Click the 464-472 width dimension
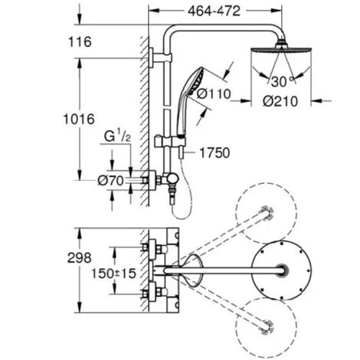click(x=214, y=11)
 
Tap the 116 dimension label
click(x=80, y=42)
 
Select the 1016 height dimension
click(x=79, y=119)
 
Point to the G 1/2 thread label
click(x=117, y=137)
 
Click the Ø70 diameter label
click(x=110, y=181)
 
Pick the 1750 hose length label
click(x=214, y=153)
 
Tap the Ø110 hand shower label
click(x=214, y=93)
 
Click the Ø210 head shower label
click(x=280, y=101)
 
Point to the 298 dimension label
click(x=80, y=258)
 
